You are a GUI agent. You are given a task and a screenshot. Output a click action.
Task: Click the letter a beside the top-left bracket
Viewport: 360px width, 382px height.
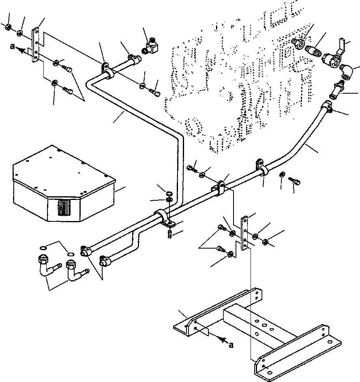[12, 46]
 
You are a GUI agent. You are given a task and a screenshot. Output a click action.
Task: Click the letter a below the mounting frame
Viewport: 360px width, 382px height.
[231, 345]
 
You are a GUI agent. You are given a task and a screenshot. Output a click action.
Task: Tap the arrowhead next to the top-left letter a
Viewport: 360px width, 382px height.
[21, 50]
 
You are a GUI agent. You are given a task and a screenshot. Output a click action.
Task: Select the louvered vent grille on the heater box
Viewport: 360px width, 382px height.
[64, 208]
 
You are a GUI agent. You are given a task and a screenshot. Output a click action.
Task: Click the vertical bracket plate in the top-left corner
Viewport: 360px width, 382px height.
[35, 45]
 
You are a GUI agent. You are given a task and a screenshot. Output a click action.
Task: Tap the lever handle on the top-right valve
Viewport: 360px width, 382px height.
[341, 46]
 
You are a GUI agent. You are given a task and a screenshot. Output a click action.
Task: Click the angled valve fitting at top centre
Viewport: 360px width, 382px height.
[150, 46]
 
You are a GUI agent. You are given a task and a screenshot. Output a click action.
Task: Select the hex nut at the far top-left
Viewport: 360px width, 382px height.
[8, 27]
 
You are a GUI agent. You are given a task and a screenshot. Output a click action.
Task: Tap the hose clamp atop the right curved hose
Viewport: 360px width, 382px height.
[327, 107]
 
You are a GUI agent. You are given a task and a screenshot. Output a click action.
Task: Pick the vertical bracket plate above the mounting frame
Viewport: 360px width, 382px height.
[244, 233]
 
